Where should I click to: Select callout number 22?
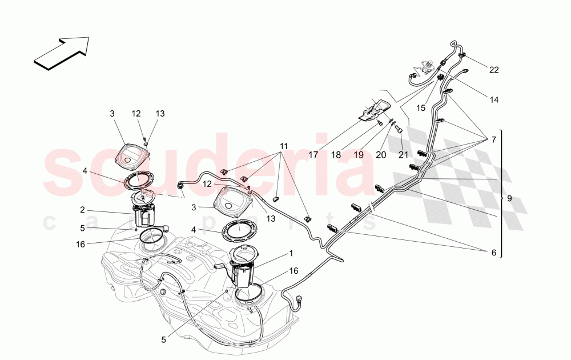pos(494,70)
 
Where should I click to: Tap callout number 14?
pos(494,99)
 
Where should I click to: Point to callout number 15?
pos(421,107)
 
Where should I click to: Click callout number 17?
pos(313,154)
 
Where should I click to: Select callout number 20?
pos(381,154)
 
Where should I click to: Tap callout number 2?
pos(83,210)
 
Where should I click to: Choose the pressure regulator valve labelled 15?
pos(425,64)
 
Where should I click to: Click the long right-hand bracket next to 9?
pos(501,194)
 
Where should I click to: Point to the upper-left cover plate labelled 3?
pos(132,154)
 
